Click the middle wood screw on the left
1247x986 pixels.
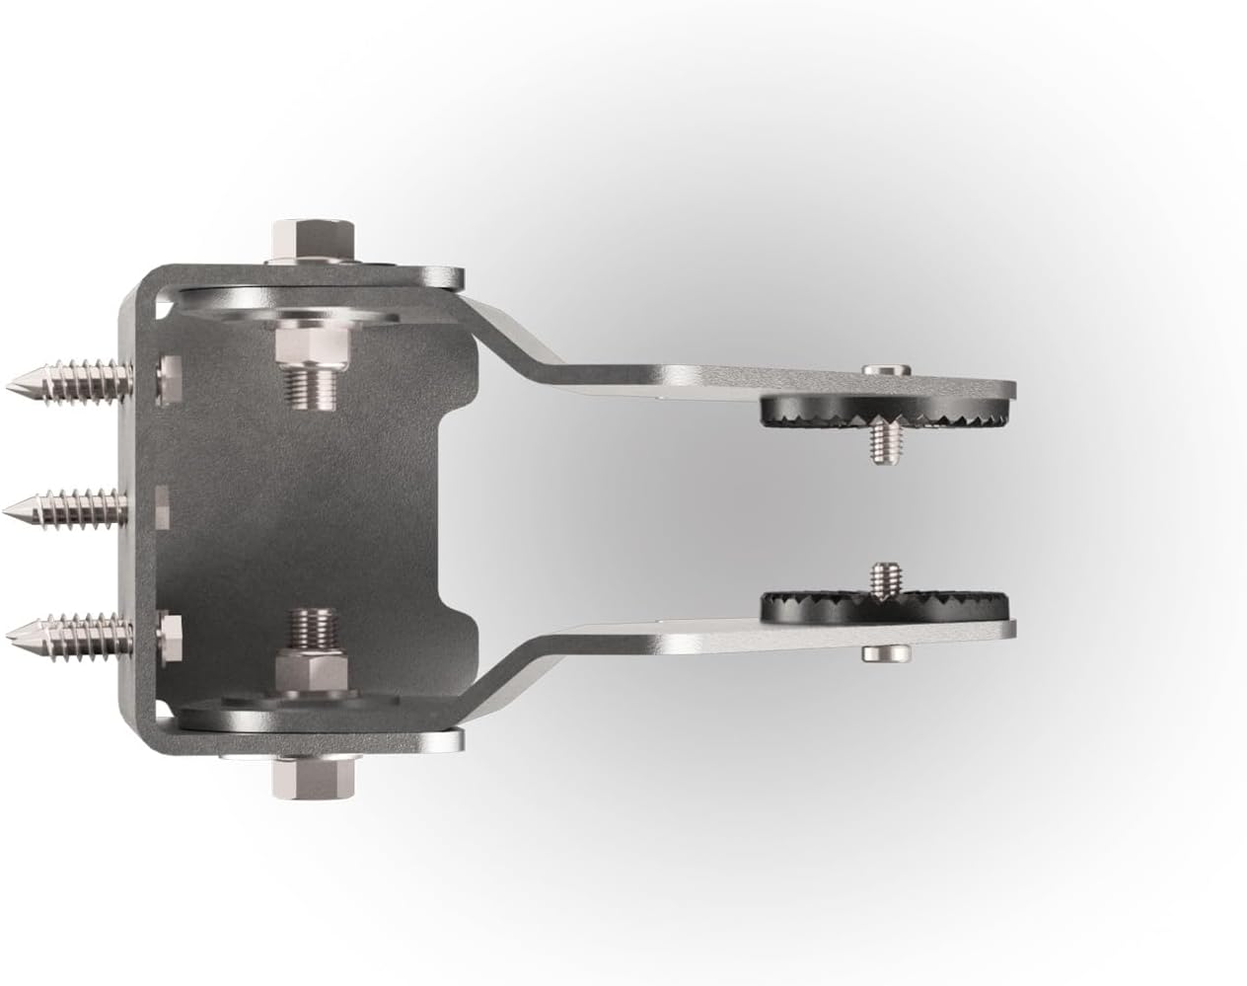coord(69,507)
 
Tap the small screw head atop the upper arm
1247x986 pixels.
coord(884,369)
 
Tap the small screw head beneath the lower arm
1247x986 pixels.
coord(884,652)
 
